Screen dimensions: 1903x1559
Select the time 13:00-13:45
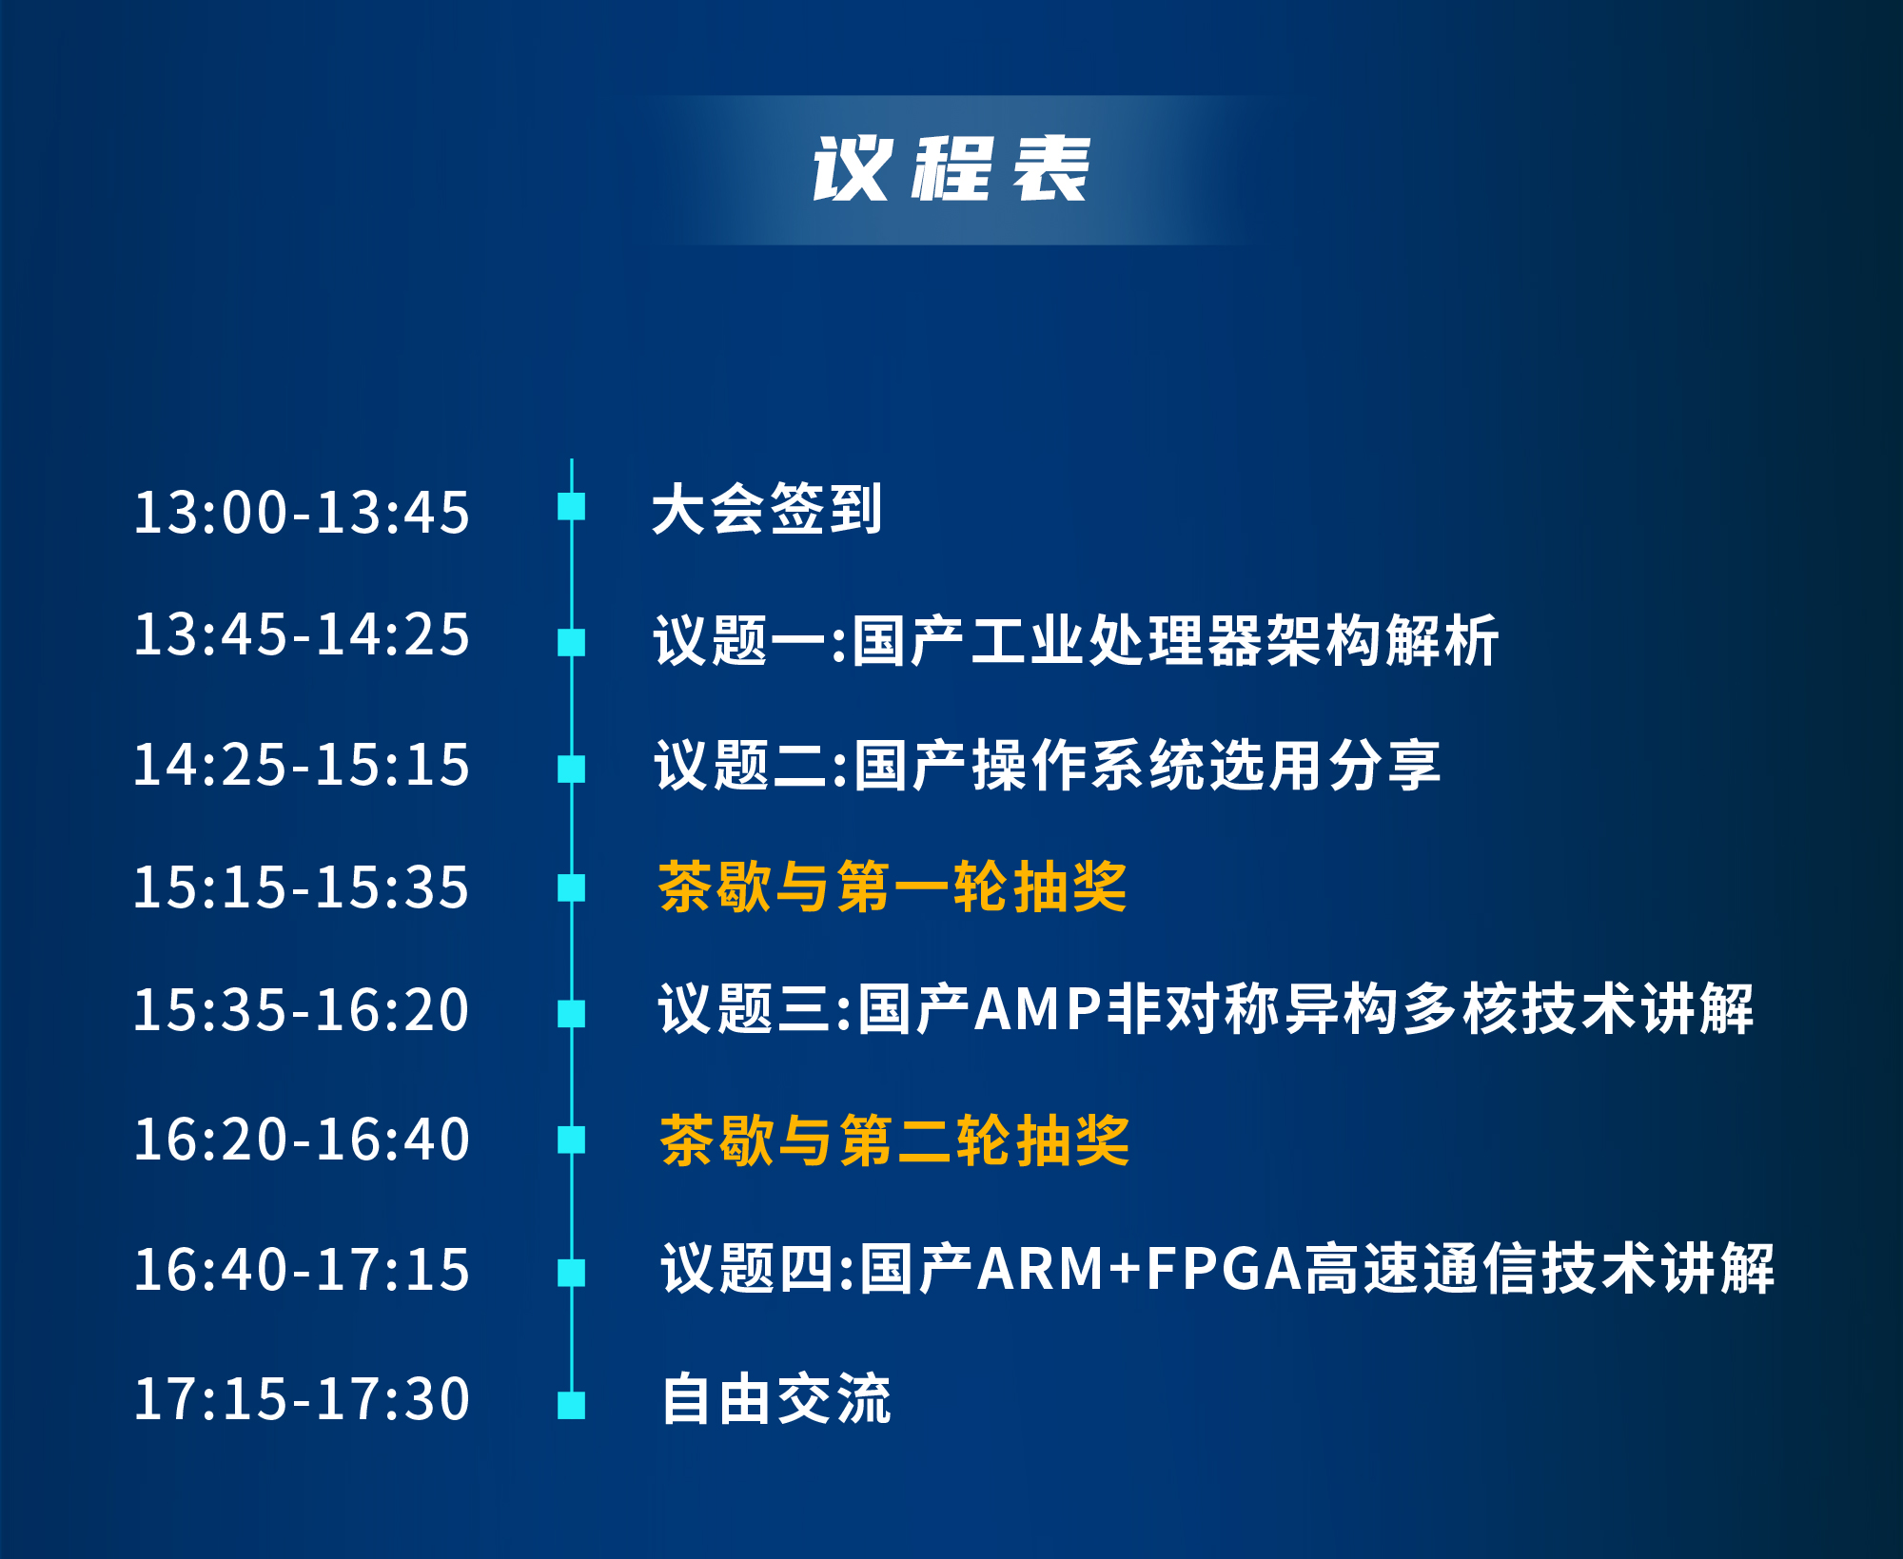click(302, 513)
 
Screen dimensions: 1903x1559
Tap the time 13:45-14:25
click(302, 634)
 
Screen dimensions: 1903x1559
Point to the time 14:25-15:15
click(302, 765)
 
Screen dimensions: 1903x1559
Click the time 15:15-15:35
click(302, 887)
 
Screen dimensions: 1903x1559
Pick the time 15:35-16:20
click(302, 1009)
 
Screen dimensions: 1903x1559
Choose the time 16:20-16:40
click(302, 1140)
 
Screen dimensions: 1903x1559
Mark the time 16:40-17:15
click(302, 1270)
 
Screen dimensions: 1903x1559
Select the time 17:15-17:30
click(302, 1399)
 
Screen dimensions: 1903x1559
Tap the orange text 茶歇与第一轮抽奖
click(893, 887)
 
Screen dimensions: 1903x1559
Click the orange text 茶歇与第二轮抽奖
click(894, 1140)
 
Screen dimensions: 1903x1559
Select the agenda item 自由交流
click(776, 1398)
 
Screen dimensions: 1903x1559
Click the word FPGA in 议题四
click(1224, 1269)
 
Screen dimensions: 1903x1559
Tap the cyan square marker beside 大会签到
click(572, 506)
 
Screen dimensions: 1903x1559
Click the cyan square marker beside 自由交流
click(572, 1405)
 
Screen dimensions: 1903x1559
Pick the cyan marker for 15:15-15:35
click(572, 887)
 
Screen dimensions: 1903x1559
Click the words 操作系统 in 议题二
click(1089, 766)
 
